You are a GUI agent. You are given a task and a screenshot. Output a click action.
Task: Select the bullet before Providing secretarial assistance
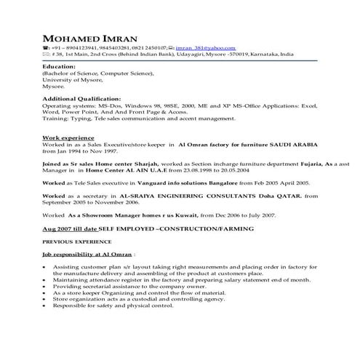tap(46, 286)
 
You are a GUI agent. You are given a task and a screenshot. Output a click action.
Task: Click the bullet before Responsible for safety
tap(46, 305)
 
